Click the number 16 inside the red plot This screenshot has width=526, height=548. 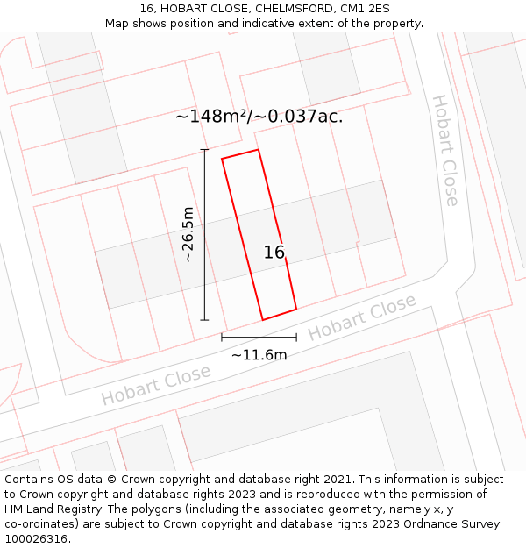click(x=274, y=253)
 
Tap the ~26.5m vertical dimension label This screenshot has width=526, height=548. click(x=188, y=234)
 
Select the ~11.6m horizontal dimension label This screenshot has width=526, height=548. click(x=259, y=355)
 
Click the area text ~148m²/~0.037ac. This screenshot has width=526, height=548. click(x=259, y=116)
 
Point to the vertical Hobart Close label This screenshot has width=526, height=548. click(x=445, y=150)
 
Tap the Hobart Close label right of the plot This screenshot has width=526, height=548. click(x=361, y=317)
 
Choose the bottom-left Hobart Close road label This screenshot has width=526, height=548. click(x=155, y=385)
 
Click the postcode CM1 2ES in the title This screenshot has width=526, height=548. click(x=364, y=9)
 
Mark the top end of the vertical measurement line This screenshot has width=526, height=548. click(x=205, y=150)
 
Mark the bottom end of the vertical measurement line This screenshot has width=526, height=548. click(x=205, y=320)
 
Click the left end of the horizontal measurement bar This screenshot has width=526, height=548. click(x=222, y=337)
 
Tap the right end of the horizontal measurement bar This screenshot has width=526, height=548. click(x=296, y=337)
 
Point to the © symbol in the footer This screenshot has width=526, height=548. click(x=111, y=480)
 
